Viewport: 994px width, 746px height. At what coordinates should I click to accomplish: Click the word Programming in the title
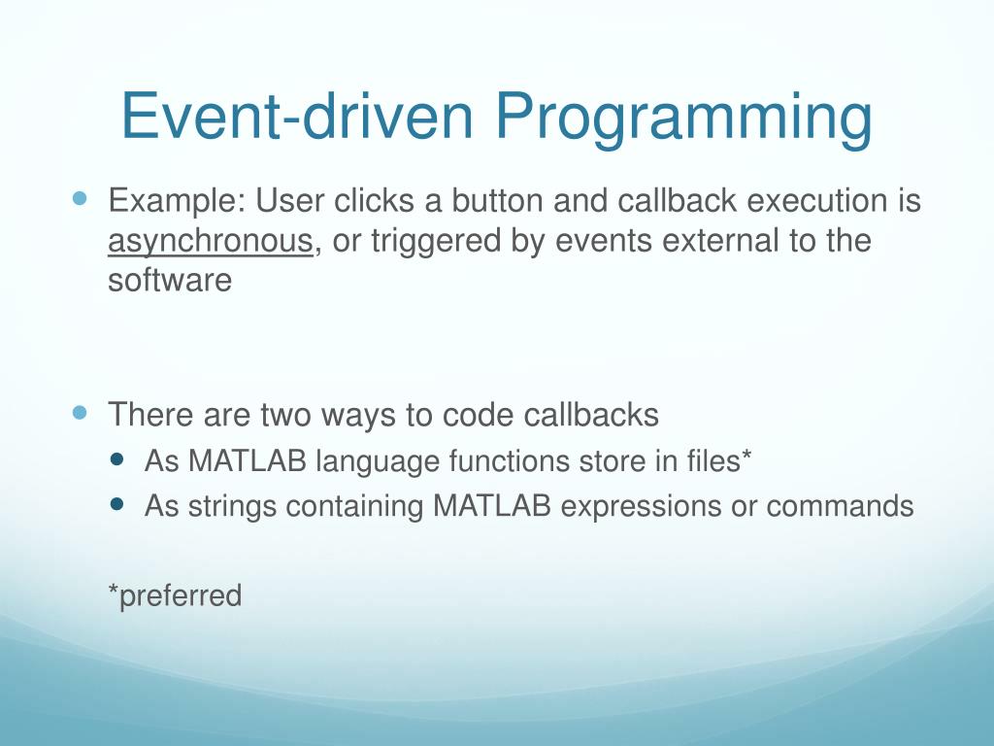coord(684,118)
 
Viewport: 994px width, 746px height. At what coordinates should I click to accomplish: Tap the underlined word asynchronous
coord(211,242)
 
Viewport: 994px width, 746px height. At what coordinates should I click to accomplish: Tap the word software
coord(170,280)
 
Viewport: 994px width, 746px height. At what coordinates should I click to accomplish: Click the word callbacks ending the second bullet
coord(591,414)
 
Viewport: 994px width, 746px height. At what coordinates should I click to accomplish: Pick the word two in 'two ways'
coord(285,416)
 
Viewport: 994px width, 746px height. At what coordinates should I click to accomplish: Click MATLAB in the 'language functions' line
coord(248,460)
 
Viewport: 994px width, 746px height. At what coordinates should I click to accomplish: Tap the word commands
coord(840,506)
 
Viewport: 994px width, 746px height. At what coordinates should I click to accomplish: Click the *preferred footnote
coord(175,595)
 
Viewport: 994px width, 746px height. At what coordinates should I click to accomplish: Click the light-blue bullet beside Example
coord(80,198)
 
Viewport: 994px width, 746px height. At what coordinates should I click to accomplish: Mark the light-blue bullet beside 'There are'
coord(80,413)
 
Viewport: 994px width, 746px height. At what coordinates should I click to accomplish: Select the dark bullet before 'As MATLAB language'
coord(116,458)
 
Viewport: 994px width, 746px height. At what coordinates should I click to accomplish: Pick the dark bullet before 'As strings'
coord(116,504)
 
